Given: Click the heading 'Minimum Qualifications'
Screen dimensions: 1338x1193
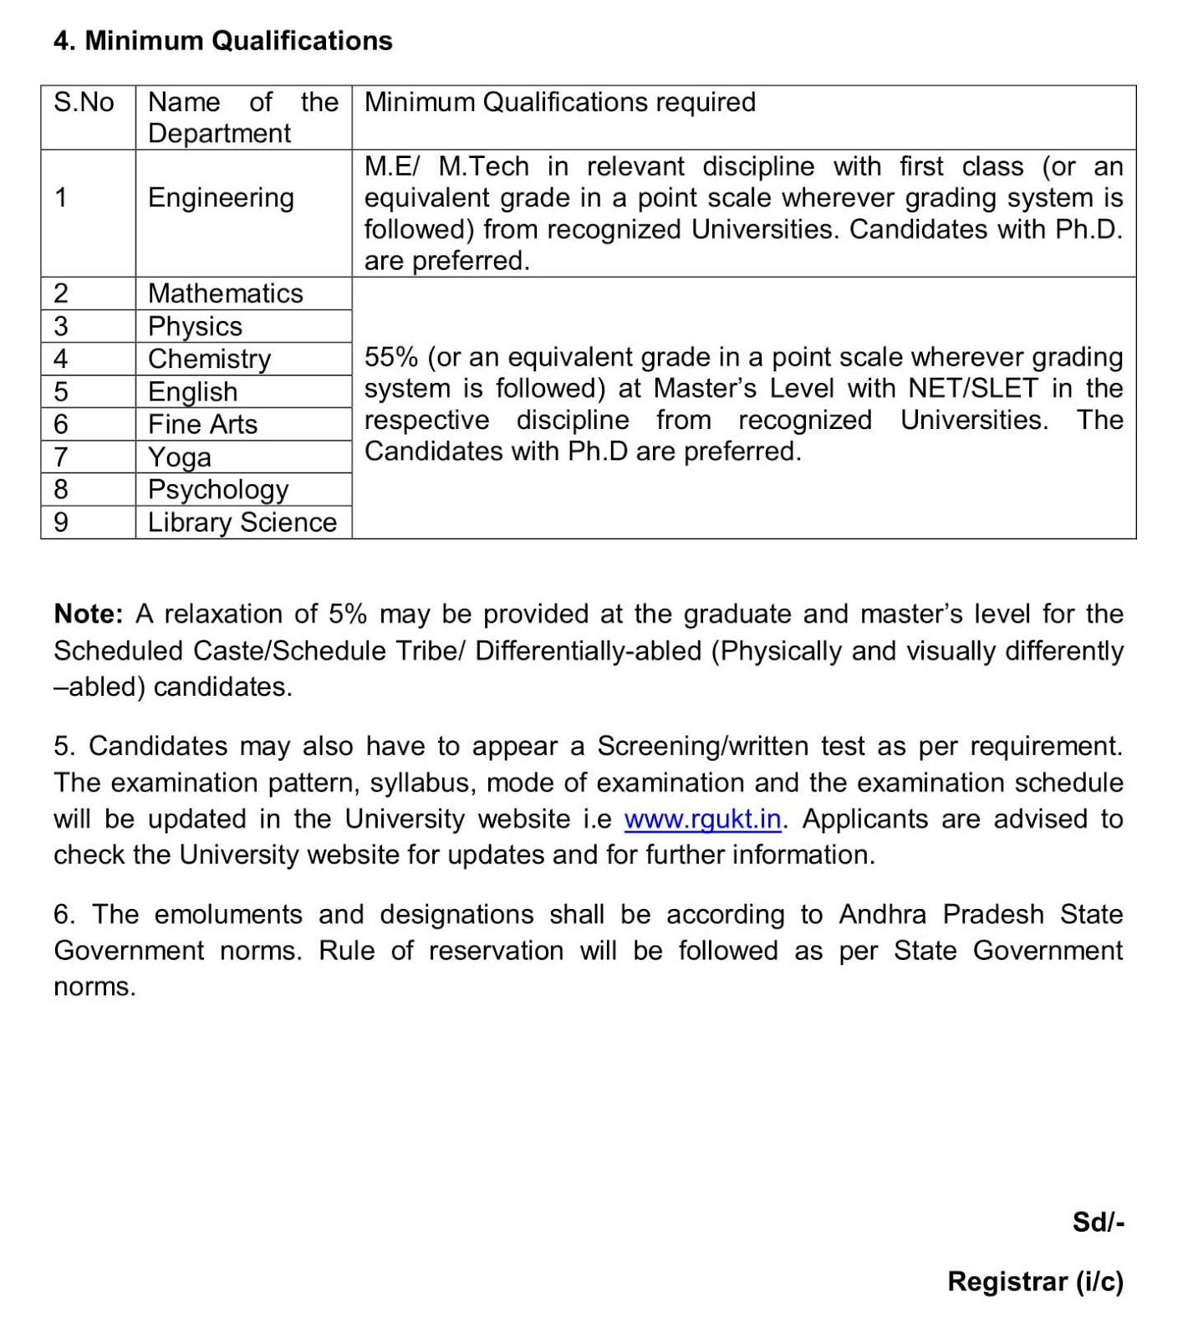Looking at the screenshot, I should (x=223, y=40).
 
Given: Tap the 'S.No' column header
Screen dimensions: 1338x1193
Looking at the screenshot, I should (x=84, y=102).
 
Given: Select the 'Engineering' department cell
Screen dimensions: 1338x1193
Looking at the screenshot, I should (x=221, y=198).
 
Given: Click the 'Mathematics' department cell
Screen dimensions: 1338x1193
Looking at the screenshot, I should (x=225, y=294).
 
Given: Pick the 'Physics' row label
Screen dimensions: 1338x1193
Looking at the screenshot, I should (x=195, y=326).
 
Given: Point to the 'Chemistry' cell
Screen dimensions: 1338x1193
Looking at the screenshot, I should (x=209, y=359).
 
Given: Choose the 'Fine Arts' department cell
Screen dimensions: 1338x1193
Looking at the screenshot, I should (x=202, y=424).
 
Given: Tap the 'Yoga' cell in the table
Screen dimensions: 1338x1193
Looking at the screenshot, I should (x=179, y=457).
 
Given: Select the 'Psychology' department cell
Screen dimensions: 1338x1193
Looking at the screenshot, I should (x=218, y=489).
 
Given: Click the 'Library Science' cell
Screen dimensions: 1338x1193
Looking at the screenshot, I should (x=242, y=523).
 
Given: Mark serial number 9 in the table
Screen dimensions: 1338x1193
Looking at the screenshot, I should (x=60, y=523).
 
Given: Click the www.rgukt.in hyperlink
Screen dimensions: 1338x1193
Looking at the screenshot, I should (x=702, y=819).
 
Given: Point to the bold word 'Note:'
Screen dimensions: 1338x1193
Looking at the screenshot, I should (x=88, y=614).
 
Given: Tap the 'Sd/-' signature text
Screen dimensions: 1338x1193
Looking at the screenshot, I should (x=1098, y=1223).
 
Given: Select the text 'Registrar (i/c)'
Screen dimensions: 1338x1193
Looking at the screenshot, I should (x=1035, y=1281).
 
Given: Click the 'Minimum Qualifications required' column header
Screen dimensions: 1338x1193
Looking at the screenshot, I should (x=559, y=102).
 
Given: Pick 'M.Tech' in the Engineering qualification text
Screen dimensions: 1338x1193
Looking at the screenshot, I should (x=483, y=166).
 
